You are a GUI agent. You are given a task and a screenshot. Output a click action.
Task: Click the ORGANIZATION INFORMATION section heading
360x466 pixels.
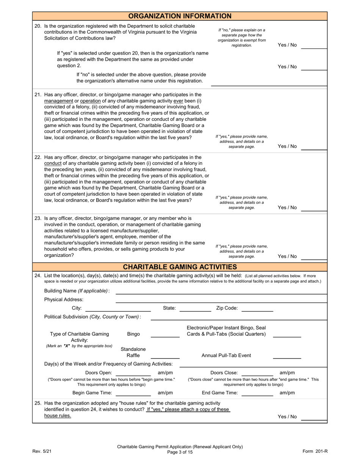(x=180, y=16)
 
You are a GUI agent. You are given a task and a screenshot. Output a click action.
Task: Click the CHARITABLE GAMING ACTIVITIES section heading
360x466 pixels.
(x=180, y=267)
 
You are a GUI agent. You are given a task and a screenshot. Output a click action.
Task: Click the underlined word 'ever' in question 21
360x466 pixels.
(x=178, y=101)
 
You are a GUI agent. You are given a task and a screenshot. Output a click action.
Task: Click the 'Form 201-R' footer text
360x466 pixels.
(x=315, y=451)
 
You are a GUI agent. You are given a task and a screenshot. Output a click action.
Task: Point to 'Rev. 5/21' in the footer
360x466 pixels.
(x=42, y=451)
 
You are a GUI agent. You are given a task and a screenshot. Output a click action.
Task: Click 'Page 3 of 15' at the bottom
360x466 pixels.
(x=180, y=452)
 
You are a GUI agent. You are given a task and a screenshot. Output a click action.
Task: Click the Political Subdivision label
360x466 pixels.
(x=92, y=317)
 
